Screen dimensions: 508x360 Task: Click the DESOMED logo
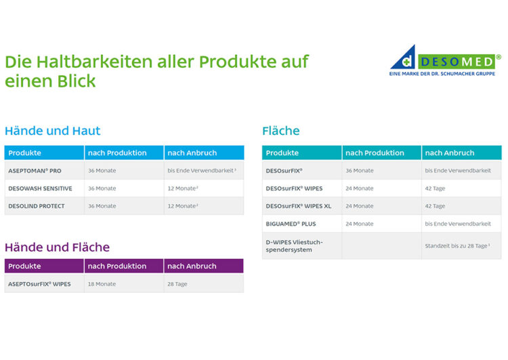445,60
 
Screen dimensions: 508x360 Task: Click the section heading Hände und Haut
52,131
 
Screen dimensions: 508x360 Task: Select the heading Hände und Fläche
57,247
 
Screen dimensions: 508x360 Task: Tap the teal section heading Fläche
281,131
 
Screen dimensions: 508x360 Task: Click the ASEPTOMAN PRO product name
35,171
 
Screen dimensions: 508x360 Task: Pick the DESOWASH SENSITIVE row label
40,188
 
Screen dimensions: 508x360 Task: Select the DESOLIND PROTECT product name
37,206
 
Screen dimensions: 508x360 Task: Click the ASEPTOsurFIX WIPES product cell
39,284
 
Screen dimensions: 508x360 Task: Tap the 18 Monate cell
102,284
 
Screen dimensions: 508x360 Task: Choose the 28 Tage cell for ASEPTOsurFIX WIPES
177,284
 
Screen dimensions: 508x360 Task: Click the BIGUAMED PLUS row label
291,224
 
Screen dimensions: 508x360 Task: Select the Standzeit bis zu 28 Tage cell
457,246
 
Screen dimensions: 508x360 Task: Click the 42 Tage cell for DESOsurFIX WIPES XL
435,206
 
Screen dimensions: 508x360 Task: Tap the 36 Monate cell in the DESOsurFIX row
359,171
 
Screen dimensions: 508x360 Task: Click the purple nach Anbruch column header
192,266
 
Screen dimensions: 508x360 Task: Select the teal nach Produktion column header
375,153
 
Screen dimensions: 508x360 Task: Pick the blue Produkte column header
24,153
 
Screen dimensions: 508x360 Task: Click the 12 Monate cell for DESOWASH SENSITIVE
183,188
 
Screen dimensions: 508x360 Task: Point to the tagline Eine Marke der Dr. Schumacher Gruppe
442,74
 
